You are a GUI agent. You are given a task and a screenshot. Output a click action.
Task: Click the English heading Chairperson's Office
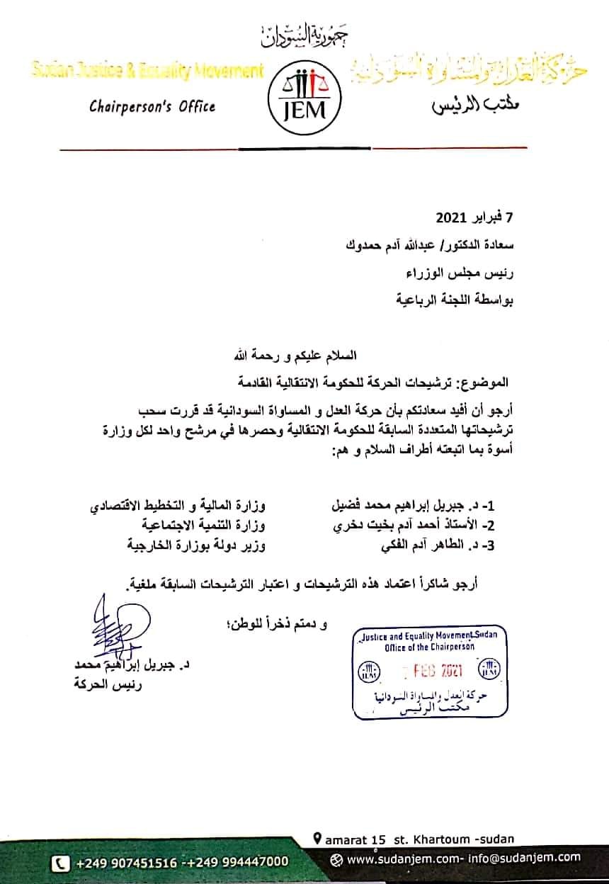click(152, 107)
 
